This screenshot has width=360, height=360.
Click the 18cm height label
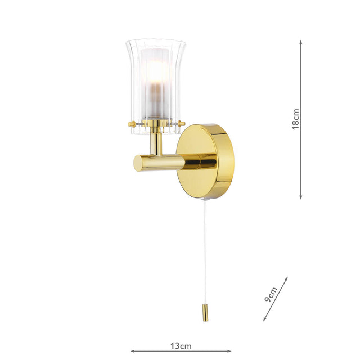pos(295,119)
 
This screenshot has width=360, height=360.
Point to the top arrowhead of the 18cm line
pos(301,43)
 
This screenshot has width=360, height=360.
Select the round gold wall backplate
pos(205,161)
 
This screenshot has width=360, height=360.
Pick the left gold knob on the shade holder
pos(130,123)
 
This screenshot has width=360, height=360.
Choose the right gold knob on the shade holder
pos(181,123)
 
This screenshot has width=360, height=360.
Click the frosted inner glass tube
pos(155,84)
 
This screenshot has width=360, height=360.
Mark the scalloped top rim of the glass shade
pos(156,42)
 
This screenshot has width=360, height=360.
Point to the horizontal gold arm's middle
pos(163,163)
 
